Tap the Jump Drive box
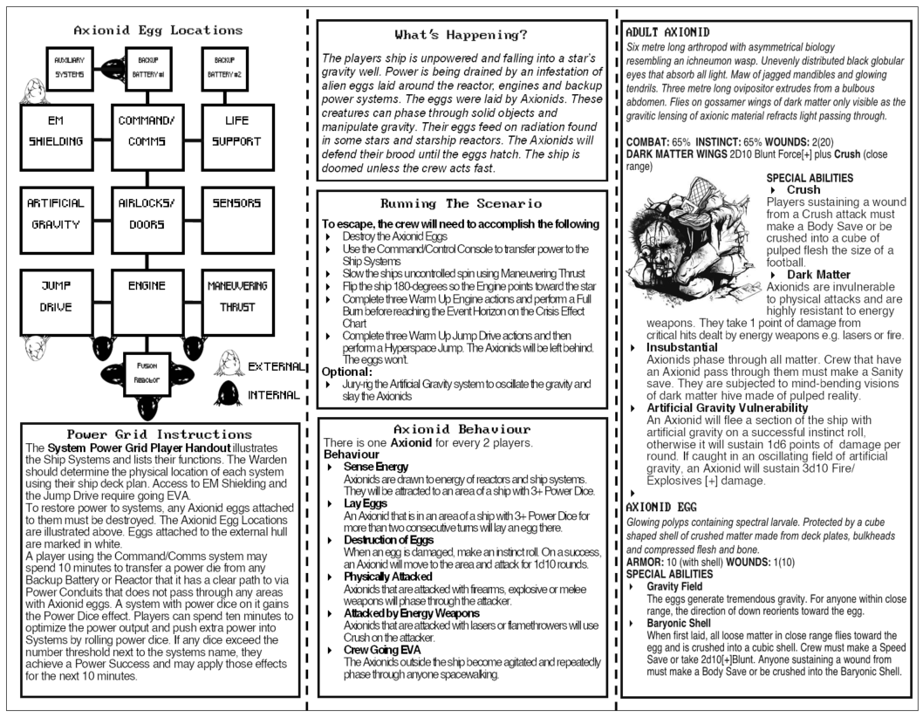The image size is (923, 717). (55, 297)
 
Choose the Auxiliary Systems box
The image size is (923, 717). (68, 66)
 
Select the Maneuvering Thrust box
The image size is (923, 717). (237, 297)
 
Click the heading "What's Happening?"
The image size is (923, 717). (461, 36)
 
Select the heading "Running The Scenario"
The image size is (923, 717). (461, 203)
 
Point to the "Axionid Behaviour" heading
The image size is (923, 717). (461, 429)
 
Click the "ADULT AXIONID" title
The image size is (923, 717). (668, 32)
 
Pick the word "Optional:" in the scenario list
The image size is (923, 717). (347, 371)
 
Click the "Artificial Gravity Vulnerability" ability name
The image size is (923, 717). (727, 407)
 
